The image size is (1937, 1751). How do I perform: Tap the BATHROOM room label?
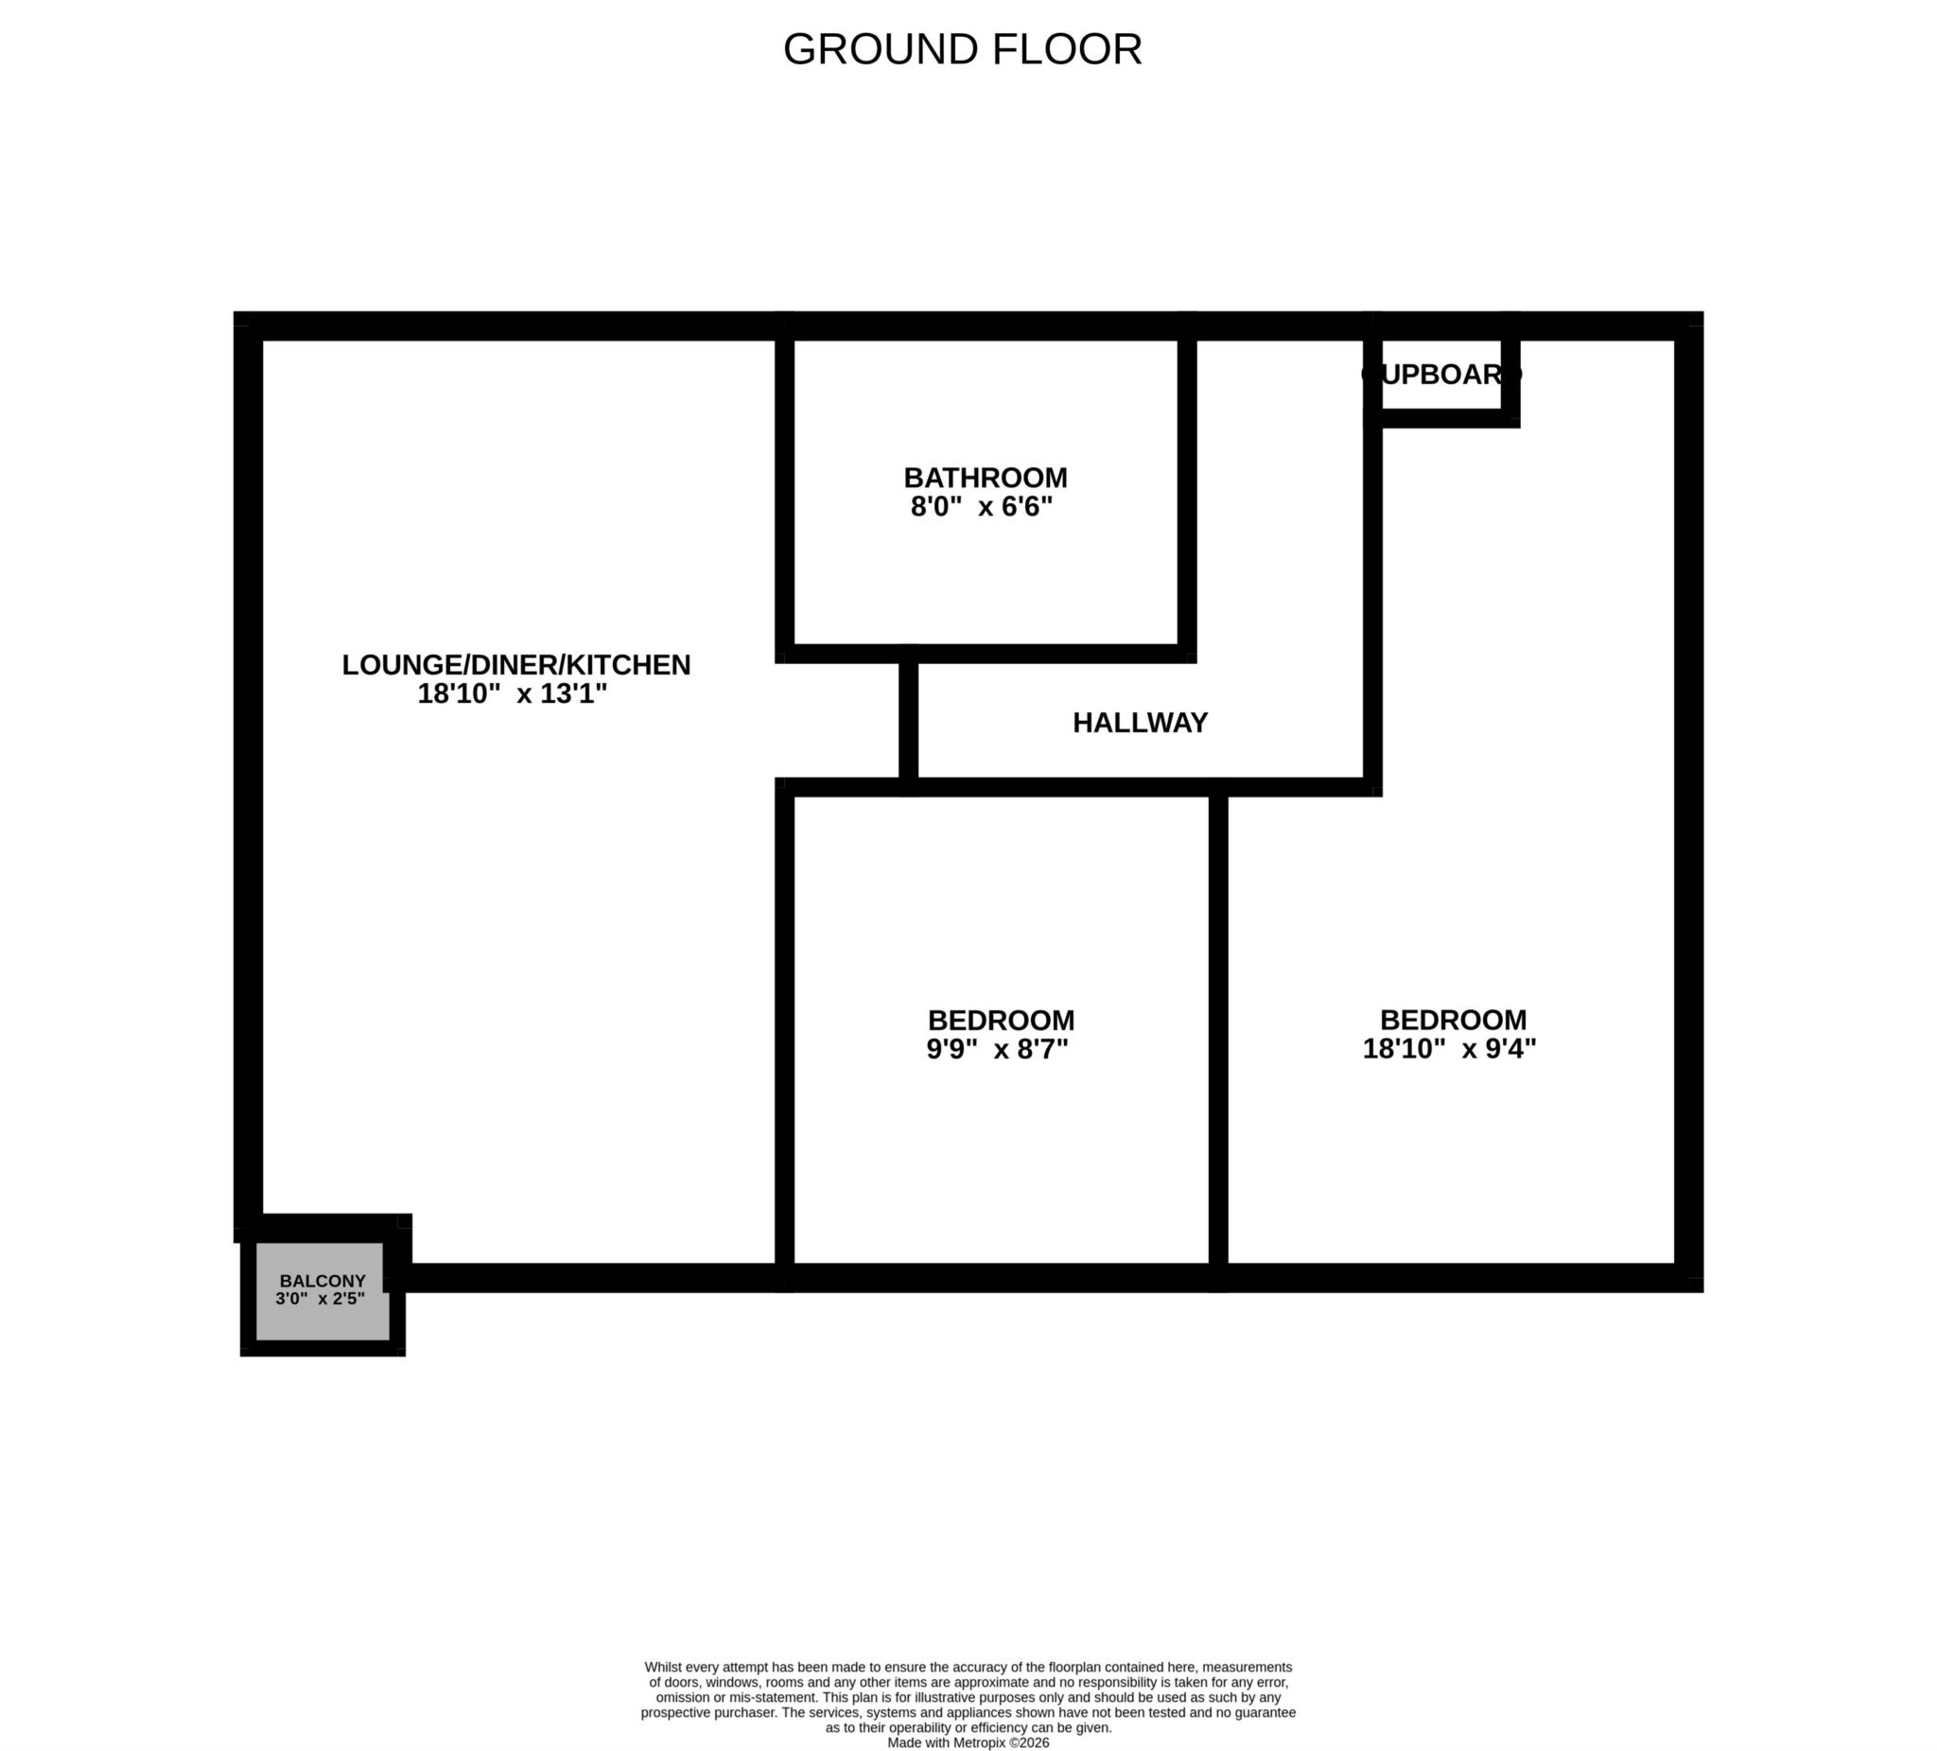coord(985,478)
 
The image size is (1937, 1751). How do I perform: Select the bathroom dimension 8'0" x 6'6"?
coord(981,506)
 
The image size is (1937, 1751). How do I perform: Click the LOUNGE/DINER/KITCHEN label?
coord(516,665)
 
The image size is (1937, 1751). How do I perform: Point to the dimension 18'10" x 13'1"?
coord(512,693)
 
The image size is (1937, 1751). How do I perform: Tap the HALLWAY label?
coord(1140,723)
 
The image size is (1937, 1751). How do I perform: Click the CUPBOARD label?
coord(1441,374)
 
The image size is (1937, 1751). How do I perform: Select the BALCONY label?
coord(323,1281)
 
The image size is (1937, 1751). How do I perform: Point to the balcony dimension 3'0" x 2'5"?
coord(320,1300)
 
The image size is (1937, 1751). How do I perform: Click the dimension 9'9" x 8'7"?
coord(997,1048)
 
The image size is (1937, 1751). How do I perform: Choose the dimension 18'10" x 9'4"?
coord(1449,1048)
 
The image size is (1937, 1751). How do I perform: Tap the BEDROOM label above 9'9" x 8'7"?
coord(1001,1020)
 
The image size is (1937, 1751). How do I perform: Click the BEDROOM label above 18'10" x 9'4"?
coord(1453,1020)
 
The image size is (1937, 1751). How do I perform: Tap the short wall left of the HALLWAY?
coord(908,721)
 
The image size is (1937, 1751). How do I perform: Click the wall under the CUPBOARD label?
coord(1441,418)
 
